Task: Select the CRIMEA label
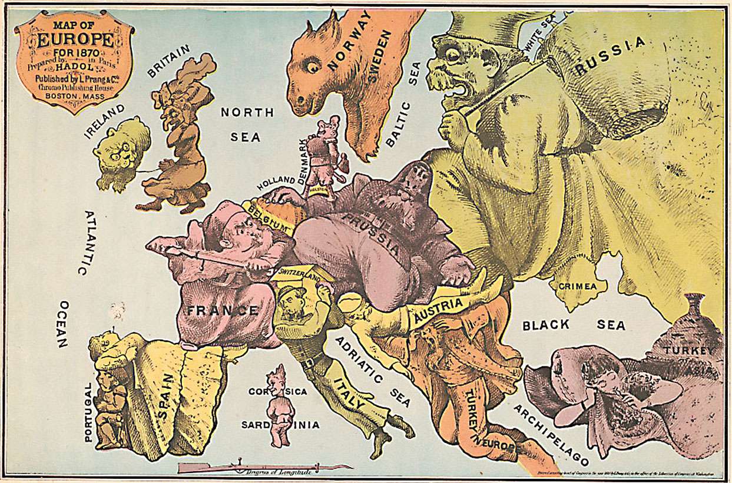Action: point(582,286)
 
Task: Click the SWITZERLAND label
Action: point(300,273)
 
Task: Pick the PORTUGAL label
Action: point(88,411)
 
